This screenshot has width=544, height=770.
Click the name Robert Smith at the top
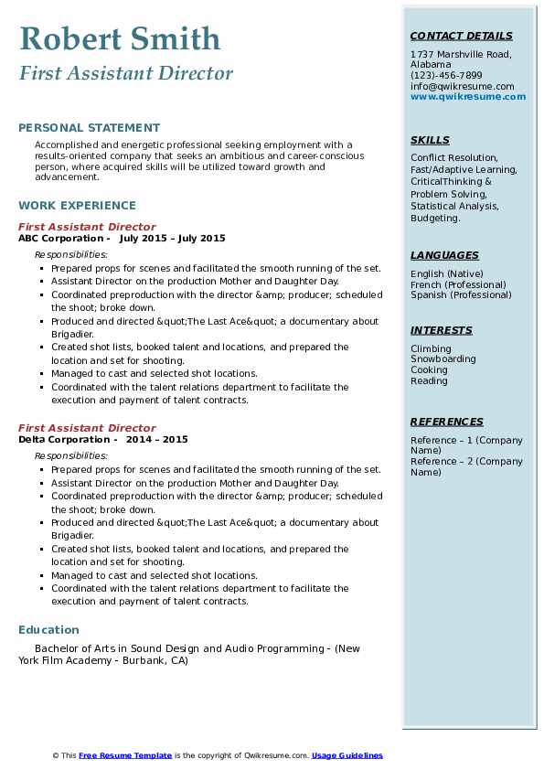[120, 39]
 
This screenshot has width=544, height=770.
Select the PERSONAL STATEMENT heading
[89, 128]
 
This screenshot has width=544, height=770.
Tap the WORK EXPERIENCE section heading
[77, 206]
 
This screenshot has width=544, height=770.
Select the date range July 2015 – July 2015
[172, 239]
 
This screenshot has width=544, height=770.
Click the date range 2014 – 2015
[157, 440]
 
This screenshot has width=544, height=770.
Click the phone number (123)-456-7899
[446, 76]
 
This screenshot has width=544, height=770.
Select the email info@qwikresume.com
[463, 86]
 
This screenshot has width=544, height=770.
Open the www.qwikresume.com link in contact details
[468, 97]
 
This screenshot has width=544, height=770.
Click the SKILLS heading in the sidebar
[430, 141]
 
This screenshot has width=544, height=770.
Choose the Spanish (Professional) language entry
[461, 295]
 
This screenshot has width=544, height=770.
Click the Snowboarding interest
[443, 359]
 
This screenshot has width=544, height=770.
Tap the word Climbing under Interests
[431, 348]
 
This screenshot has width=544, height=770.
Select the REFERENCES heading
[447, 422]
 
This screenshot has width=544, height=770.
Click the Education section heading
[48, 630]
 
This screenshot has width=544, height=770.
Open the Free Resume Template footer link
[125, 755]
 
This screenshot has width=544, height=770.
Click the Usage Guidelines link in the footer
[347, 755]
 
